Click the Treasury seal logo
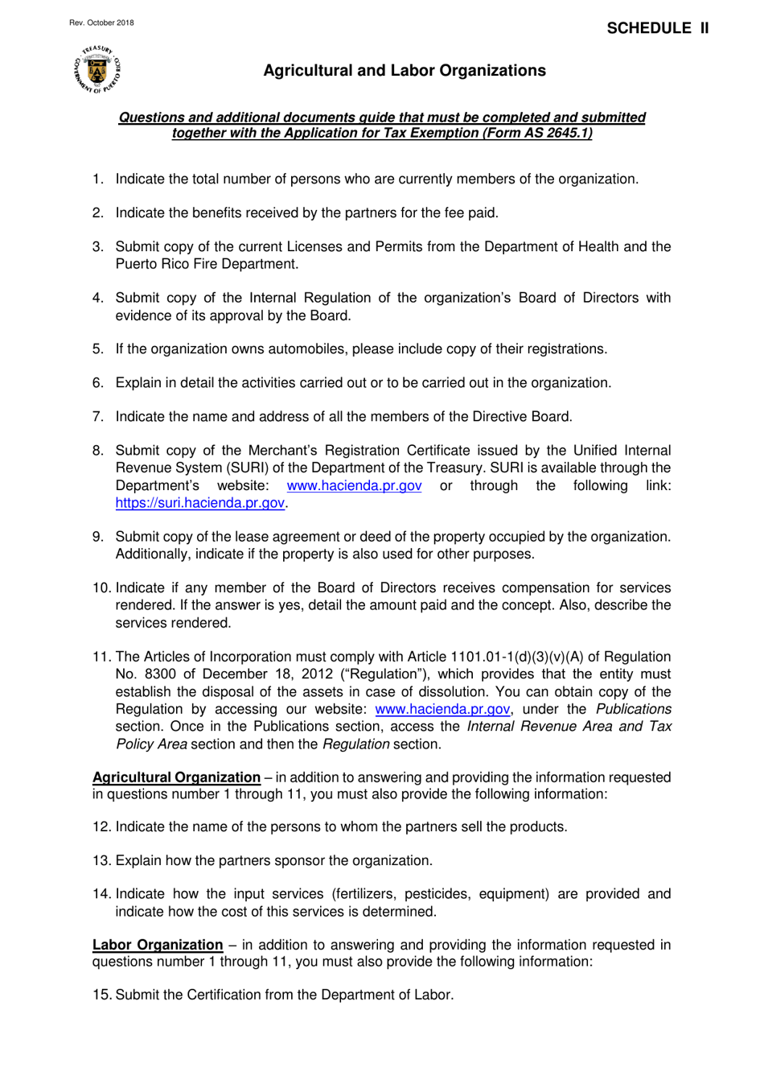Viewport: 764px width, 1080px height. [x=97, y=69]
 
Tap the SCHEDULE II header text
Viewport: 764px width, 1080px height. [x=657, y=28]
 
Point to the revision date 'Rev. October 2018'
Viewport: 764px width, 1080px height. [x=101, y=23]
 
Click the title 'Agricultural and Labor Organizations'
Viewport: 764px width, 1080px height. [x=404, y=71]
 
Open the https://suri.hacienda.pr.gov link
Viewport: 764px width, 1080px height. [x=199, y=503]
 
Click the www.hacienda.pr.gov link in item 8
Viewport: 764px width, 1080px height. [x=354, y=486]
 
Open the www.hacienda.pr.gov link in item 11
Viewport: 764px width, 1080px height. [x=442, y=709]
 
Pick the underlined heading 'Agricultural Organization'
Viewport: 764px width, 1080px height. [x=176, y=777]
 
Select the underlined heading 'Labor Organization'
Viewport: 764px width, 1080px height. [x=158, y=945]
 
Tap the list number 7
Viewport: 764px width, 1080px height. [x=97, y=417]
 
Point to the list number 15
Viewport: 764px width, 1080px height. [x=101, y=995]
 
